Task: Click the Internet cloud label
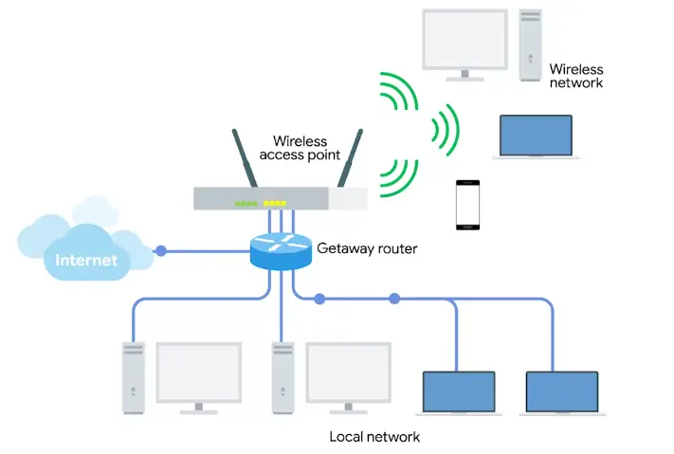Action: click(86, 259)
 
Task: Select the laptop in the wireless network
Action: click(537, 138)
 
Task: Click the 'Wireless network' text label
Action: click(576, 76)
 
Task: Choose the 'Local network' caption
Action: click(374, 437)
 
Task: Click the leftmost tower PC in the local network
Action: click(133, 377)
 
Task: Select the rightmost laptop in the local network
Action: click(562, 391)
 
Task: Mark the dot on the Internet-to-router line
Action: click(161, 251)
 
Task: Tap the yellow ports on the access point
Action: click(275, 203)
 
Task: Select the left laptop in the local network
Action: click(459, 391)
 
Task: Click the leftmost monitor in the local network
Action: click(198, 375)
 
